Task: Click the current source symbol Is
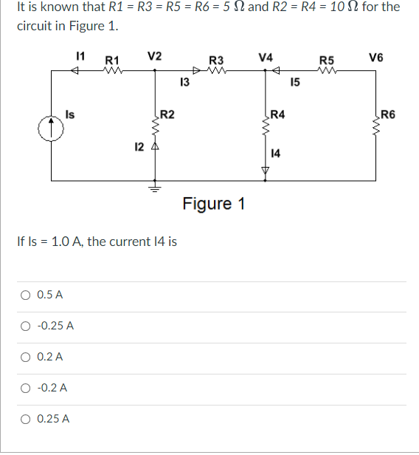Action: point(52,126)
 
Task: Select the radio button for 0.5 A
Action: point(25,295)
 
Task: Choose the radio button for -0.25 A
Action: point(25,326)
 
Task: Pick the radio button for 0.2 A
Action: point(25,357)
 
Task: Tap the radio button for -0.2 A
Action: point(25,388)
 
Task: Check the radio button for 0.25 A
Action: point(25,419)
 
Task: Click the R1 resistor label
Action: point(113,59)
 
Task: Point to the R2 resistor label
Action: point(167,114)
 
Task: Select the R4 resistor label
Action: point(279,114)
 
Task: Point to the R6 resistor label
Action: point(389,114)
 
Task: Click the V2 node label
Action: point(155,55)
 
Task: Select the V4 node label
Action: point(266,56)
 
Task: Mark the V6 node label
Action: point(376,57)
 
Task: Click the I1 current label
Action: point(81,55)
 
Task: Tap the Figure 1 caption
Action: point(214,203)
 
